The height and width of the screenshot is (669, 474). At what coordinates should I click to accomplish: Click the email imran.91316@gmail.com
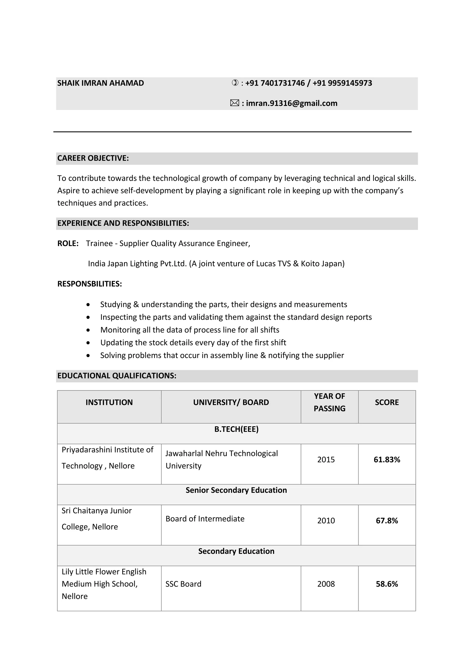(x=291, y=103)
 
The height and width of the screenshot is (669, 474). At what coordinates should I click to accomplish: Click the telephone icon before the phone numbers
(x=235, y=83)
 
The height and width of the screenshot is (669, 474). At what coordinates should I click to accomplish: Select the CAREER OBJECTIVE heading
(x=93, y=158)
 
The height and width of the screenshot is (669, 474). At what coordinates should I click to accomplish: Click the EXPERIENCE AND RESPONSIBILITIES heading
(x=123, y=223)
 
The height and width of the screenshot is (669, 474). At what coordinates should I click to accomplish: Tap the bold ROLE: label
(x=68, y=243)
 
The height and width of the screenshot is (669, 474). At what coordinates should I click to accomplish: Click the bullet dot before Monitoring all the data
(x=88, y=330)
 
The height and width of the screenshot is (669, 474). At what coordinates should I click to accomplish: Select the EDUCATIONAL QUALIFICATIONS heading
(x=117, y=376)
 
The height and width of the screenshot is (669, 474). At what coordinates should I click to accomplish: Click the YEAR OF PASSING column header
(x=329, y=402)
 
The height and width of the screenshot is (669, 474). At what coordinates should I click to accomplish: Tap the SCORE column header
(x=387, y=402)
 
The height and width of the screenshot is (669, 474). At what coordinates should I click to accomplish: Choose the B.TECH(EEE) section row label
(x=236, y=429)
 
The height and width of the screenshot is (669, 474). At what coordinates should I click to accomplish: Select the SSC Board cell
(x=183, y=584)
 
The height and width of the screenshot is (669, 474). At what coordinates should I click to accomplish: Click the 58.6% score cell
(x=387, y=584)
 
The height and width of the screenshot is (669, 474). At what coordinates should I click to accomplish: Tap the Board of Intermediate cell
(x=205, y=519)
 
